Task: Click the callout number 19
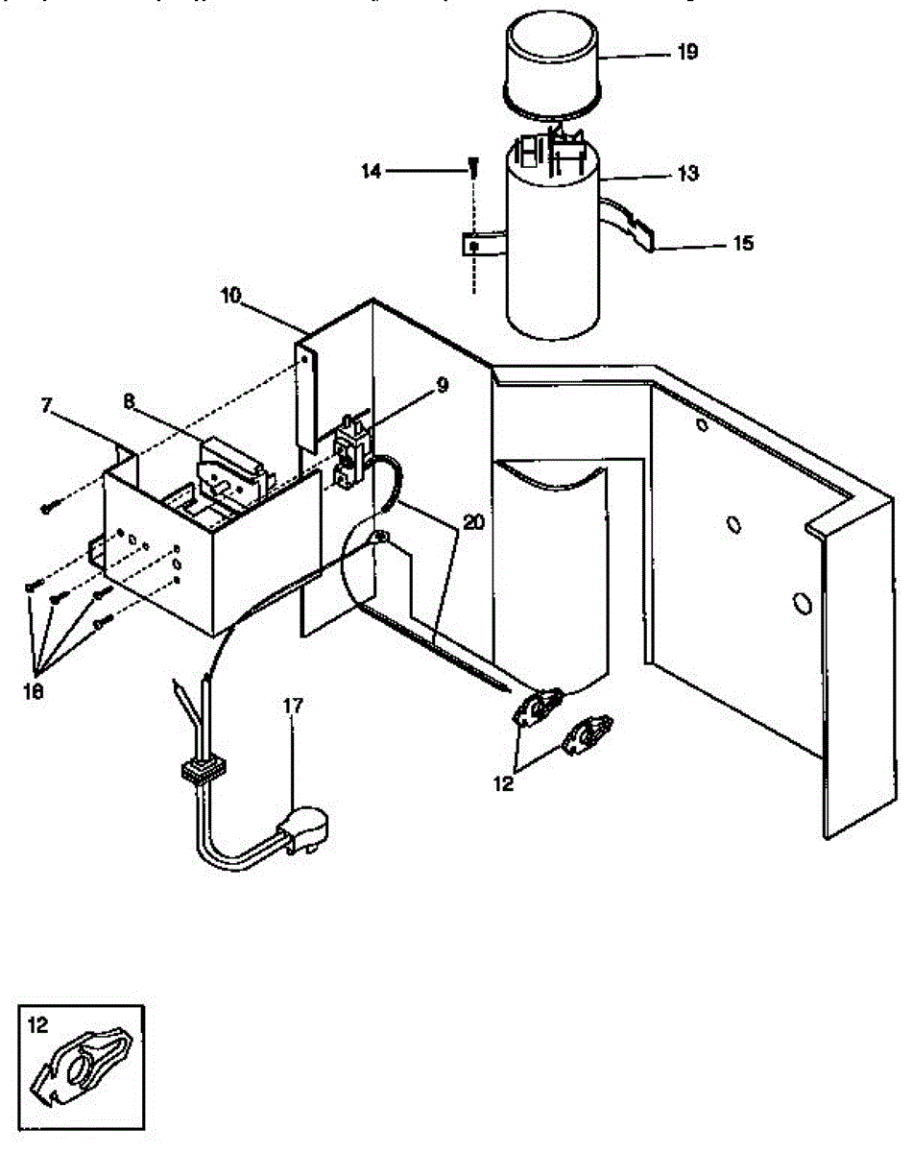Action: click(x=686, y=53)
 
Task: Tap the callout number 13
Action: click(x=686, y=175)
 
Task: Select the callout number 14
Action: click(x=372, y=171)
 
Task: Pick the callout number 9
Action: click(x=441, y=385)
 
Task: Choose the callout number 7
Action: click(x=47, y=404)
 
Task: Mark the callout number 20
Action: click(x=472, y=522)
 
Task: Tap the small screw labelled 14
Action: click(x=472, y=167)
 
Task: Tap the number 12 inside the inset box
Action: click(x=37, y=1024)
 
